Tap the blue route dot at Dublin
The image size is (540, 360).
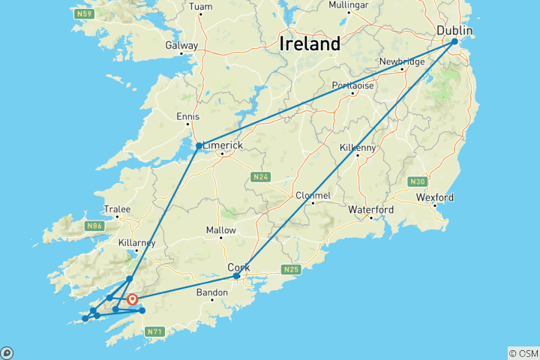[454, 42]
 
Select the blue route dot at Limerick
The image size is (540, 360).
[199, 145]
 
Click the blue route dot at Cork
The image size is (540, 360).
[236, 276]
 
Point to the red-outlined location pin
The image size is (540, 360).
[133, 300]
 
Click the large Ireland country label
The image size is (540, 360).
[310, 43]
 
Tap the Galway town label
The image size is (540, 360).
[182, 45]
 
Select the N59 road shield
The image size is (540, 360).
[84, 14]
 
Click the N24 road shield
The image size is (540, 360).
[260, 177]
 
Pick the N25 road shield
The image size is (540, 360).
[291, 268]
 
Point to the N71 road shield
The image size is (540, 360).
[154, 331]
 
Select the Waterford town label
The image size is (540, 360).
[370, 209]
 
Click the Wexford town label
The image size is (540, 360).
[436, 197]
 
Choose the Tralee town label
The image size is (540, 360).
[117, 209]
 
